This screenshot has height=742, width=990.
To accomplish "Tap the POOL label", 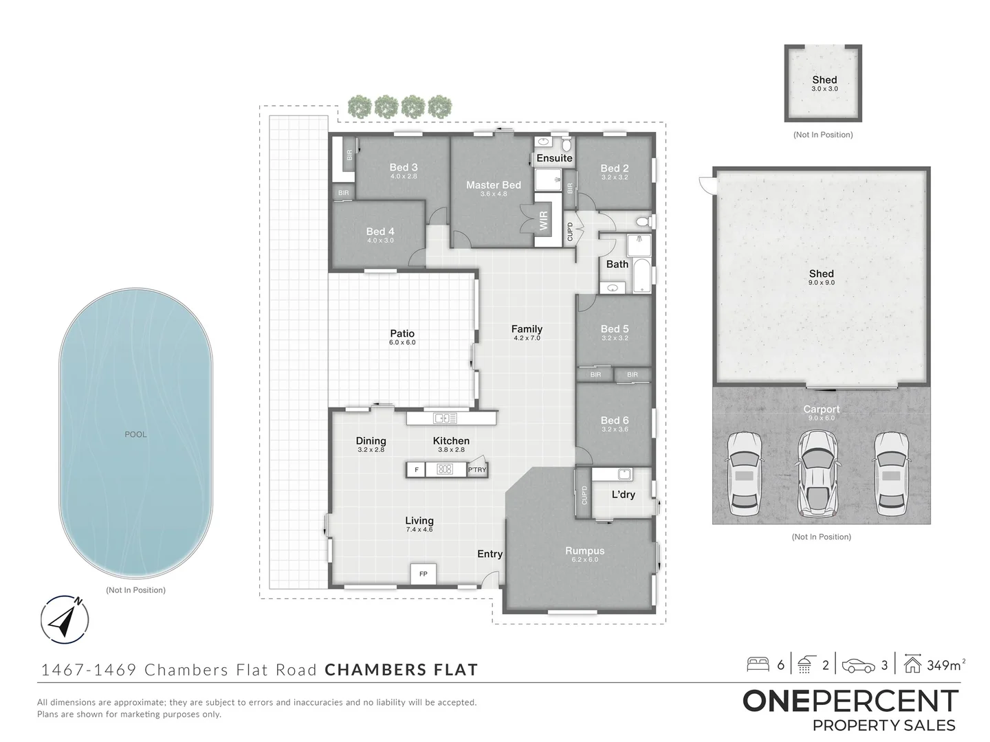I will point(135,434).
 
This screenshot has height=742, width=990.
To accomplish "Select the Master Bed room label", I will point(493,185).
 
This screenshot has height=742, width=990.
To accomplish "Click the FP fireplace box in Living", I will point(423,574).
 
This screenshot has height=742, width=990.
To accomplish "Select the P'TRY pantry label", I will point(476,470).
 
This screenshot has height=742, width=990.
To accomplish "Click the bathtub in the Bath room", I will point(641,276).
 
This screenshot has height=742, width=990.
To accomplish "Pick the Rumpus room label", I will point(584,550).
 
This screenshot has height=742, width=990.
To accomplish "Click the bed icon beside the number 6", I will point(758,664).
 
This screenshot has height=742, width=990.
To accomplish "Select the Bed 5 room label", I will point(614,329).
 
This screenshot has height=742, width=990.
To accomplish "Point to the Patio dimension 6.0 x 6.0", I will point(402,342).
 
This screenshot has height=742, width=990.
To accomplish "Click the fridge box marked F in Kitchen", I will point(416,470).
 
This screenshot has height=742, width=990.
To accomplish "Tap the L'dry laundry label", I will point(623,495).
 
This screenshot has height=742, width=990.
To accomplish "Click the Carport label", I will point(821,409).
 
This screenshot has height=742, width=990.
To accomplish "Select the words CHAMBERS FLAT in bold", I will point(401,670).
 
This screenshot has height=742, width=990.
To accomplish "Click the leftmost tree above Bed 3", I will point(360,107).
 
